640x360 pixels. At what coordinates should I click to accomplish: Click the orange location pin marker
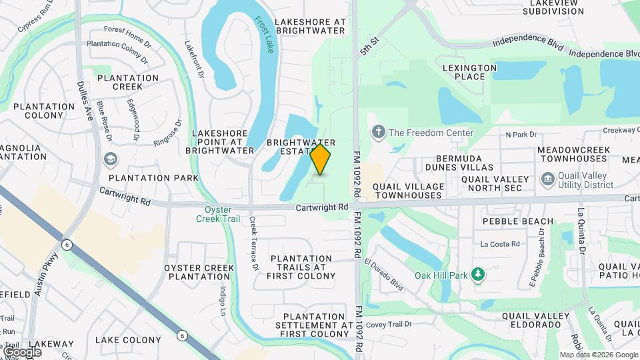[321, 159]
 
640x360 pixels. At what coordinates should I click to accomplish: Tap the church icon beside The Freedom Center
[379, 132]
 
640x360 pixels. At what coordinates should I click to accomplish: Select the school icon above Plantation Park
[109, 160]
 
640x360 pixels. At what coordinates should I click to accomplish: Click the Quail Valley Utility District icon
[548, 179]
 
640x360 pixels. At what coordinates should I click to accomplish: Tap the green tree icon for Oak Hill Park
[477, 275]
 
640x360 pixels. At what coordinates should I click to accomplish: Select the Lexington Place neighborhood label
[470, 72]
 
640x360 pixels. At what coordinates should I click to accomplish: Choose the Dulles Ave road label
[87, 100]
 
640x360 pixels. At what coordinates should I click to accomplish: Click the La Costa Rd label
[500, 245]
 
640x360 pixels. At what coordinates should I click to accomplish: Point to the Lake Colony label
[128, 340]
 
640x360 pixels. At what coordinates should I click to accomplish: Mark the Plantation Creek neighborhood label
[128, 82]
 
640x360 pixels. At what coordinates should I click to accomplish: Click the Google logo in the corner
[22, 351]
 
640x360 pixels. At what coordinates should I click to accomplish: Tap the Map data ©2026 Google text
[598, 355]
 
